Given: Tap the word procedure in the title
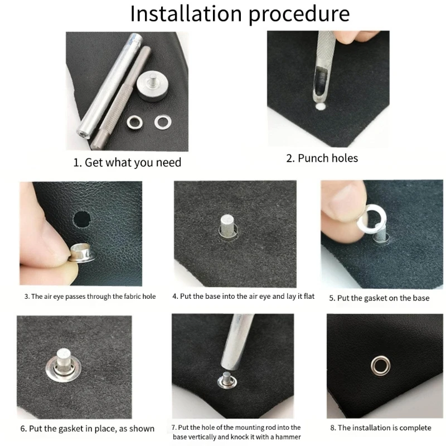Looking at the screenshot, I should [299, 14].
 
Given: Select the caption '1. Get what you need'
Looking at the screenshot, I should [128, 163].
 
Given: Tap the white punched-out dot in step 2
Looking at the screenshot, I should [319, 105].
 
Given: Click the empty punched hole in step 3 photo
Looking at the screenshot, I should [83, 218].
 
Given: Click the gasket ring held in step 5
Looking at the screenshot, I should [368, 219].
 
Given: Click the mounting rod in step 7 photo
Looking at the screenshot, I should [236, 346].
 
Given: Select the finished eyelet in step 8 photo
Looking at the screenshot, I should [381, 366].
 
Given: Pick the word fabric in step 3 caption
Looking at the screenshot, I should [127, 297].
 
